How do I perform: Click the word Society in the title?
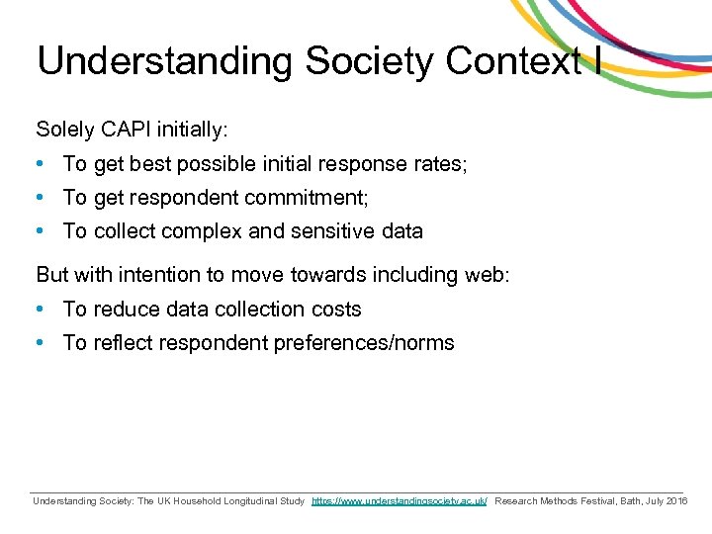(370, 61)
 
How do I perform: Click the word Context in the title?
(512, 61)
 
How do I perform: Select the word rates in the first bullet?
(439, 164)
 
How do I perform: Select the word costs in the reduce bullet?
(336, 310)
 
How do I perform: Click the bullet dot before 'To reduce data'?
(40, 310)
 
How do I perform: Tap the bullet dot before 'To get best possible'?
(40, 164)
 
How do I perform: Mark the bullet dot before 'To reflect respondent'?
(40, 343)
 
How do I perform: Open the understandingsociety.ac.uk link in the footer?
(400, 501)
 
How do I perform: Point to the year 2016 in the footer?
(676, 501)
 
